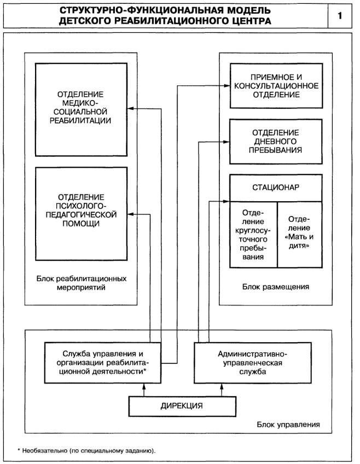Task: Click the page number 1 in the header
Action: [x=340, y=16]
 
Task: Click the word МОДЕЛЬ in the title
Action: [x=248, y=10]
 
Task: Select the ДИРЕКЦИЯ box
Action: [x=182, y=406]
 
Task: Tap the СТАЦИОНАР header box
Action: [x=276, y=188]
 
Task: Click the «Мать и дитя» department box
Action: [x=300, y=234]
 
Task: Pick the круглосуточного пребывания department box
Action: [x=254, y=234]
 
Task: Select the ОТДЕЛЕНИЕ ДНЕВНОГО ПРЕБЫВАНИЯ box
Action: [x=276, y=142]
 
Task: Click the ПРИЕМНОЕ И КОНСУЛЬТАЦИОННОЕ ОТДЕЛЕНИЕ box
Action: [x=276, y=86]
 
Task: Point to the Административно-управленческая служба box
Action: [x=253, y=363]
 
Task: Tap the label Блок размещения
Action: [x=276, y=287]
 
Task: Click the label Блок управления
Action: [x=288, y=425]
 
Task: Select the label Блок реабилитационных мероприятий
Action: [x=81, y=283]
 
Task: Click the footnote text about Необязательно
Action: [x=86, y=451]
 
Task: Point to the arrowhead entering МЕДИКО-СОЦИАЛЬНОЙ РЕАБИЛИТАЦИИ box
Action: [x=130, y=109]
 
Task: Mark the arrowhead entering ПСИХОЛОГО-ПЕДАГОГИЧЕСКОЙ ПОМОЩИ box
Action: [x=130, y=214]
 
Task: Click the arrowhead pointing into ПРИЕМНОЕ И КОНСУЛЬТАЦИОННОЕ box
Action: [x=227, y=86]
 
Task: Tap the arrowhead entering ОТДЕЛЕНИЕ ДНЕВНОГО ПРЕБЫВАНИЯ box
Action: [x=227, y=142]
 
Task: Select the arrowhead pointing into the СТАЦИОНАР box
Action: [x=227, y=201]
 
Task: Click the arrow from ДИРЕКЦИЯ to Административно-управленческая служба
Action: [x=222, y=390]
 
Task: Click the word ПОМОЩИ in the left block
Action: [x=80, y=224]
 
